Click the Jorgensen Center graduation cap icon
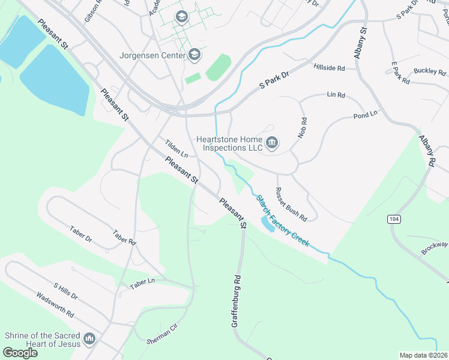(194, 55)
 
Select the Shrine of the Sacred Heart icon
(89, 340)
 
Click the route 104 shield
(393, 219)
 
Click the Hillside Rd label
(329, 67)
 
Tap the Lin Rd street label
(336, 95)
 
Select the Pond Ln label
(365, 114)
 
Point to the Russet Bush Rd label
(291, 204)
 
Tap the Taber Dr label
(80, 234)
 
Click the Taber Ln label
(142, 282)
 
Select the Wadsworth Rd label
(55, 305)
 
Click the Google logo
(20, 353)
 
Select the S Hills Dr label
(65, 292)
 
